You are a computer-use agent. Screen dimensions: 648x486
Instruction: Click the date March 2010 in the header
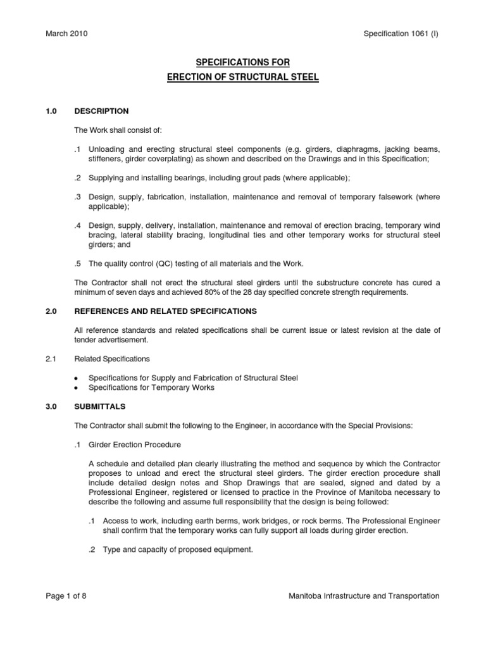[x=66, y=34]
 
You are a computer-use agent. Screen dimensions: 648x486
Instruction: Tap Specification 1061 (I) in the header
[x=401, y=34]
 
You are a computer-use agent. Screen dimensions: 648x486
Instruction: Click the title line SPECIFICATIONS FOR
[x=242, y=63]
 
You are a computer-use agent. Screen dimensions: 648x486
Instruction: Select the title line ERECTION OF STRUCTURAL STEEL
[x=242, y=77]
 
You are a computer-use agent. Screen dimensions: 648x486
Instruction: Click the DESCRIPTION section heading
[x=101, y=111]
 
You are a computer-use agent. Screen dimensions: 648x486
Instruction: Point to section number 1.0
[x=51, y=111]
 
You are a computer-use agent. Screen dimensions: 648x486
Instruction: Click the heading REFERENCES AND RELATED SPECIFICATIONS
[x=166, y=311]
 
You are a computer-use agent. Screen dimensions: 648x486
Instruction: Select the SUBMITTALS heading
[x=100, y=406]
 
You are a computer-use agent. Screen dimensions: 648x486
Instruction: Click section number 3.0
[x=51, y=406]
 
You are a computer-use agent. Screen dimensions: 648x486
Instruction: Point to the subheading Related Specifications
[x=112, y=359]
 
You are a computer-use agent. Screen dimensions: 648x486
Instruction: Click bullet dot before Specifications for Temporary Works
[x=77, y=388]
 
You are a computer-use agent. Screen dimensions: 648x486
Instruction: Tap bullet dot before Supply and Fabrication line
[x=77, y=378]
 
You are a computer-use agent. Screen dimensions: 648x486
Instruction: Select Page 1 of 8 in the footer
[x=66, y=595]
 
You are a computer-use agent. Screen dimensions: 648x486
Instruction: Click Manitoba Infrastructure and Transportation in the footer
[x=363, y=595]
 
